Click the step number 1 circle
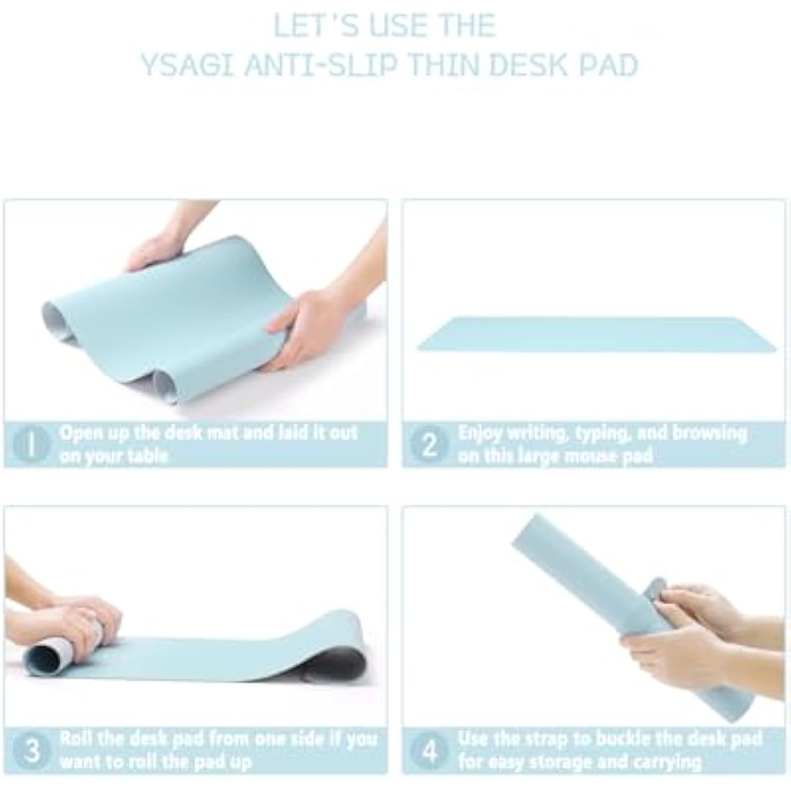31,444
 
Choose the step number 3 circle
32,750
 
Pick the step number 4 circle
429,751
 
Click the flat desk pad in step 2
596,334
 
